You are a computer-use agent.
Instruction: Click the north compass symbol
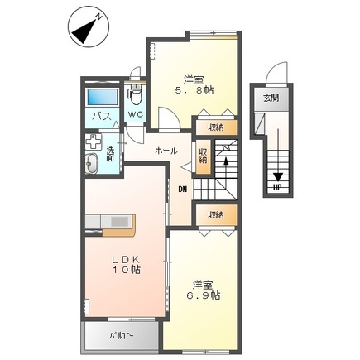[x=89, y=27]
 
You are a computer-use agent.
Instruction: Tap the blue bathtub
[x=102, y=97]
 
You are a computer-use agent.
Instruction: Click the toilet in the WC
[x=135, y=95]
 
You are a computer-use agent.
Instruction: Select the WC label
[x=136, y=114]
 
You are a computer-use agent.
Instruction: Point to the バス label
[x=102, y=117]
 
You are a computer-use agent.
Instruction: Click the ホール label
[x=166, y=151]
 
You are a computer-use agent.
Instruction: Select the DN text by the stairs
[x=183, y=190]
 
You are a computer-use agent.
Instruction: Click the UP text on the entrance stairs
[x=277, y=188]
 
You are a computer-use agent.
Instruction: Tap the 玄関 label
[x=271, y=98]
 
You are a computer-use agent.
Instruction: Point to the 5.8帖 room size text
[x=194, y=90]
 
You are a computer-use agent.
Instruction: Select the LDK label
[x=127, y=260]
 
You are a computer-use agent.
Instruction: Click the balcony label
[x=122, y=336]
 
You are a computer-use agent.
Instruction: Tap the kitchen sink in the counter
[x=119, y=221]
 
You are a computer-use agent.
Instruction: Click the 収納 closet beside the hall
[x=204, y=156]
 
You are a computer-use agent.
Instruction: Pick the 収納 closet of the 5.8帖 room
[x=216, y=127]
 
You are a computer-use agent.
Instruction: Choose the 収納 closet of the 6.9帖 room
[x=216, y=215]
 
